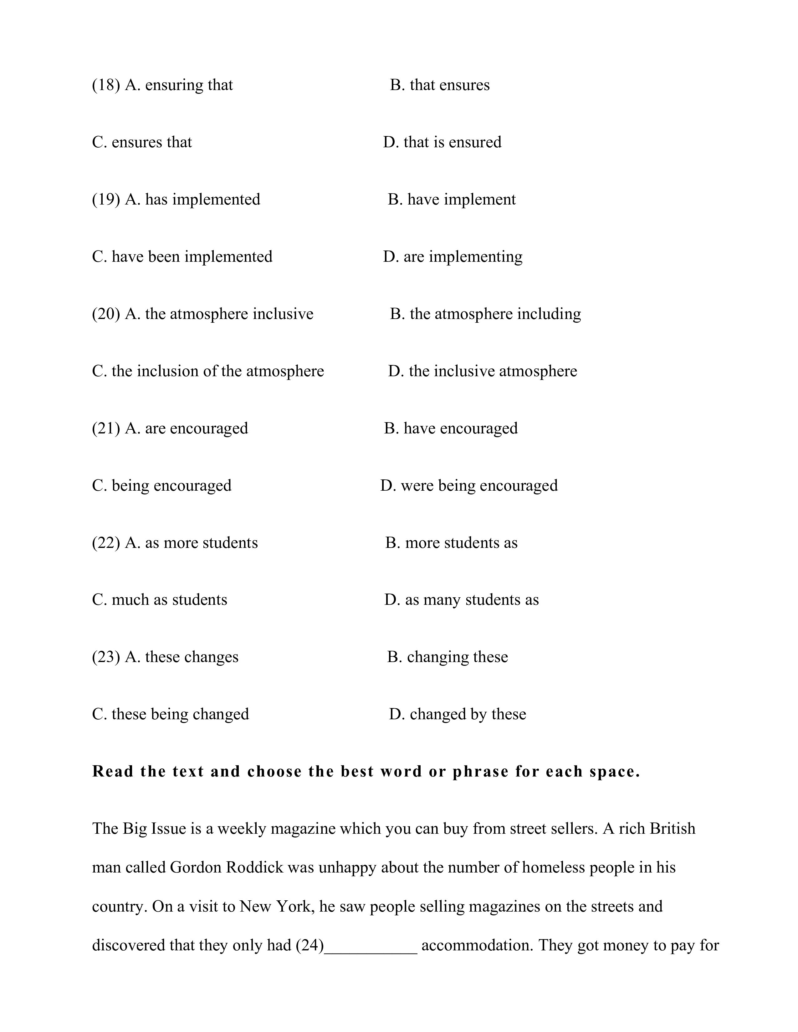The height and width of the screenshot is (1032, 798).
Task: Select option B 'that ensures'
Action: point(440,85)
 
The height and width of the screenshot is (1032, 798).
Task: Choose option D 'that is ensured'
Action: point(442,143)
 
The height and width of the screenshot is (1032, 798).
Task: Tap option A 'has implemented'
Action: point(192,200)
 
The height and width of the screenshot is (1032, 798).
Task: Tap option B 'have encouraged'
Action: point(451,428)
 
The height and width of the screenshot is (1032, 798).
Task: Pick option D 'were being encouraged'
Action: point(469,486)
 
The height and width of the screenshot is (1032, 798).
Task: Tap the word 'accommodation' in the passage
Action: point(477,945)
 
